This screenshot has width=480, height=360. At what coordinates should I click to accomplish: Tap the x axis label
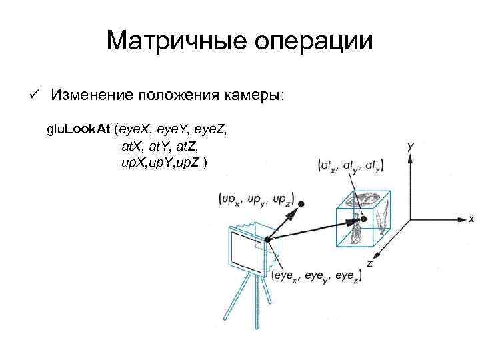point(471,219)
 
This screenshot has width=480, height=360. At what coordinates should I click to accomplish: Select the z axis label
point(369,264)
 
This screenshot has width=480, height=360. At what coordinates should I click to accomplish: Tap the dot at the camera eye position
point(267,239)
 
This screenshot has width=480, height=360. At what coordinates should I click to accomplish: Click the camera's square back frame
point(247,253)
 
